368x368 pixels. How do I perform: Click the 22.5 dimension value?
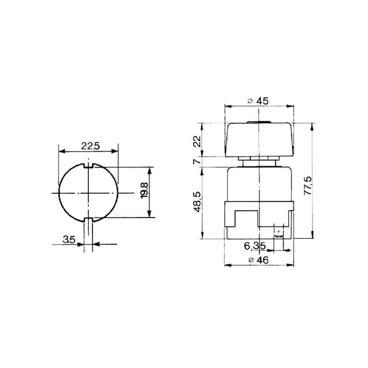tap(90, 146)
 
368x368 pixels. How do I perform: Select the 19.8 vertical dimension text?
tap(144, 190)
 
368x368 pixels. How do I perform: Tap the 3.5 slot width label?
tap(69, 240)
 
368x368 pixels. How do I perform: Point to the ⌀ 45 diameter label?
tap(258, 101)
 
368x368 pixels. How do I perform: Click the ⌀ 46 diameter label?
tap(258, 260)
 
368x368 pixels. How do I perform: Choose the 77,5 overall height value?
tap(308, 186)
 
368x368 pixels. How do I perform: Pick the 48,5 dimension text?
tap(198, 202)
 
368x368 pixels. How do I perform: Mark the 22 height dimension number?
tap(198, 141)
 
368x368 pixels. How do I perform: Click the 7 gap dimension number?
tap(197, 161)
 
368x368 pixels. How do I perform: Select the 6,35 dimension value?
tap(255, 246)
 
